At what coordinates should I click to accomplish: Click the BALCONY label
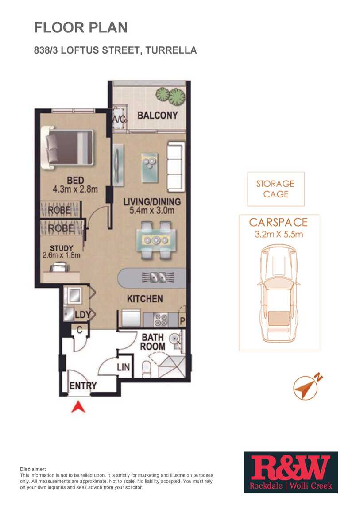click(158, 115)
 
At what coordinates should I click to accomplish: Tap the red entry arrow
click(78, 407)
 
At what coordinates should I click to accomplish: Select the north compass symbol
click(307, 386)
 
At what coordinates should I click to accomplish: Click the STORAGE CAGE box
click(275, 189)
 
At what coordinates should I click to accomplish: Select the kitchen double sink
click(158, 277)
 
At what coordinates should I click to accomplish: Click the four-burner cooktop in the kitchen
click(161, 320)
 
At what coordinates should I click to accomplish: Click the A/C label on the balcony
click(119, 119)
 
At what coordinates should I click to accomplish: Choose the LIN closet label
click(124, 367)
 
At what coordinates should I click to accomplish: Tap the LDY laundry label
click(83, 315)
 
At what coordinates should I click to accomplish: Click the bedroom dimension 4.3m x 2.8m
click(75, 189)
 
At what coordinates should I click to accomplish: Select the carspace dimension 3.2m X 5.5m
click(279, 234)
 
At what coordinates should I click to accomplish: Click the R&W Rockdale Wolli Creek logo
click(291, 472)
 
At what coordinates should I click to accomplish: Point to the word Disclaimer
click(33, 469)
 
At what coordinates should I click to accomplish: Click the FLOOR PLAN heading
click(81, 27)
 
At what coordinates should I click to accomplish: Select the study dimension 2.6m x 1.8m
click(62, 255)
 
